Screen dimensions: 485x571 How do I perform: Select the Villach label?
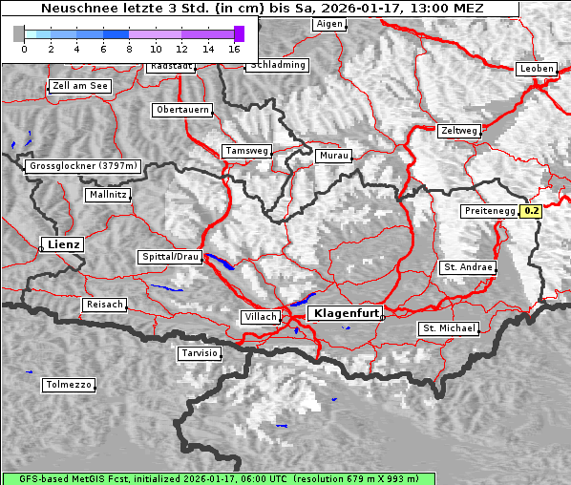260,317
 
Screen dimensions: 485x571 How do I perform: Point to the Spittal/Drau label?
170,258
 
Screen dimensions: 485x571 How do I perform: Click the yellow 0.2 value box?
532,211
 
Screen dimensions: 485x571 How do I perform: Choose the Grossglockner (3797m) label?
84,166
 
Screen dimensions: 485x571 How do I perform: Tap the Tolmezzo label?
69,386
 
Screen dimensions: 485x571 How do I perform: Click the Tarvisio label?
200,353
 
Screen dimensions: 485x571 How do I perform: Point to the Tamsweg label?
247,151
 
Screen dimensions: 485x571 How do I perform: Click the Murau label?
334,155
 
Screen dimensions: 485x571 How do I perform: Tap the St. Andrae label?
468,267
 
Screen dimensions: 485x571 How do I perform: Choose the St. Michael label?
449,328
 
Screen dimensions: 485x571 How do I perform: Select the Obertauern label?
182,110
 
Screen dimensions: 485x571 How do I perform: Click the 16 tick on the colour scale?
234,48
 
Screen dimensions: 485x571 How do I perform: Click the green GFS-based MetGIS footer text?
218,478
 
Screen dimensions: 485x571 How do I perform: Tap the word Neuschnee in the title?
73,8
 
